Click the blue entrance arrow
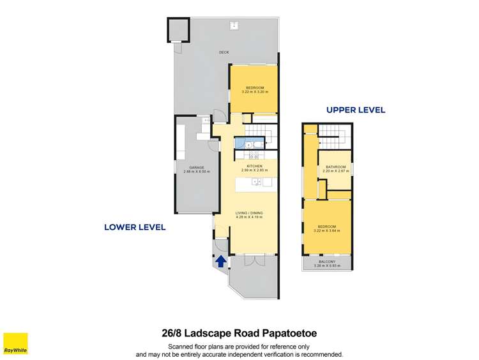(221, 260)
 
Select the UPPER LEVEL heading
(356, 110)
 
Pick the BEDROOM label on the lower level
(254, 88)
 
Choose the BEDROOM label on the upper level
(326, 228)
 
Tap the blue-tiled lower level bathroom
(243, 144)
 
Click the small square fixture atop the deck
(234, 26)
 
